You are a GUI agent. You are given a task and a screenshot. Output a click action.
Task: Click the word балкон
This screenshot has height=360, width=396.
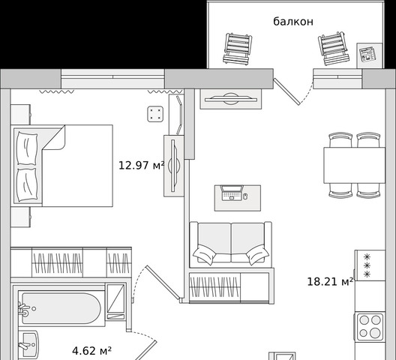(x=293, y=22)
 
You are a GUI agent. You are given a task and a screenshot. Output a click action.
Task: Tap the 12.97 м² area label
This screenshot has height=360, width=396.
(x=142, y=166)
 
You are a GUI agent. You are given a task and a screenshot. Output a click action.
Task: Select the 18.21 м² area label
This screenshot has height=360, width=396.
(x=330, y=281)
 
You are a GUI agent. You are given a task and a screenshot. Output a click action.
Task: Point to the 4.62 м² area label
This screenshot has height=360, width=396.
(x=92, y=351)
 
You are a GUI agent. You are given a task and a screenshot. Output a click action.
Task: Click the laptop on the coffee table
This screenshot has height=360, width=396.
(x=232, y=193)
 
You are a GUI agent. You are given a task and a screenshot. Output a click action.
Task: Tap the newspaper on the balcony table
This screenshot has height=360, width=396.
(x=367, y=54)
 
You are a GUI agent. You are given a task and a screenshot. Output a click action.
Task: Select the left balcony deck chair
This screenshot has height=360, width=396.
(x=237, y=49)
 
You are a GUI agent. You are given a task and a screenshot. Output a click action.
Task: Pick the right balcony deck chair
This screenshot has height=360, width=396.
(x=333, y=48)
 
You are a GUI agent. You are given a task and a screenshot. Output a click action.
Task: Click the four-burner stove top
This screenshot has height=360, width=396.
(x=370, y=328)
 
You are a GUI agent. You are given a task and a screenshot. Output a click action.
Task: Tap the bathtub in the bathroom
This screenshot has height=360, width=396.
(x=61, y=308)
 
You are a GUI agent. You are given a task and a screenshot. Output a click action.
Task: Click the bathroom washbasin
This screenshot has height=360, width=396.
(x=28, y=345)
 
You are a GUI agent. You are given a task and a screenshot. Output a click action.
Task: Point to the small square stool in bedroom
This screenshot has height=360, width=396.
(x=155, y=114)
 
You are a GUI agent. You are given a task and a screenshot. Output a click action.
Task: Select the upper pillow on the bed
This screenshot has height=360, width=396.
(x=27, y=148)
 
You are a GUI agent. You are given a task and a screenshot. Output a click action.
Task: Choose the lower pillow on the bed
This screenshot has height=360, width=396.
(x=27, y=185)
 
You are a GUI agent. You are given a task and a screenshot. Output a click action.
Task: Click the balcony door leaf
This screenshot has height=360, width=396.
(x=287, y=91)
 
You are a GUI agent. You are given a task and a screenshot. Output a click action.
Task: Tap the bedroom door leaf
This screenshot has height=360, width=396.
(x=163, y=283)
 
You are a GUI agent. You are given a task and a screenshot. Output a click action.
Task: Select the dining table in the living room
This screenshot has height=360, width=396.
(x=354, y=165)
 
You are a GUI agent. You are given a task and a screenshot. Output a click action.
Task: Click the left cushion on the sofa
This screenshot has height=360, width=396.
(x=204, y=254)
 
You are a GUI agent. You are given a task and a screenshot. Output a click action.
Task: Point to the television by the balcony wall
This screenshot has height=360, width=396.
(x=231, y=99)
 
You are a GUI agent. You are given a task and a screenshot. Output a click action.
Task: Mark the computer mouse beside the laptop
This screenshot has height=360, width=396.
(x=245, y=196)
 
